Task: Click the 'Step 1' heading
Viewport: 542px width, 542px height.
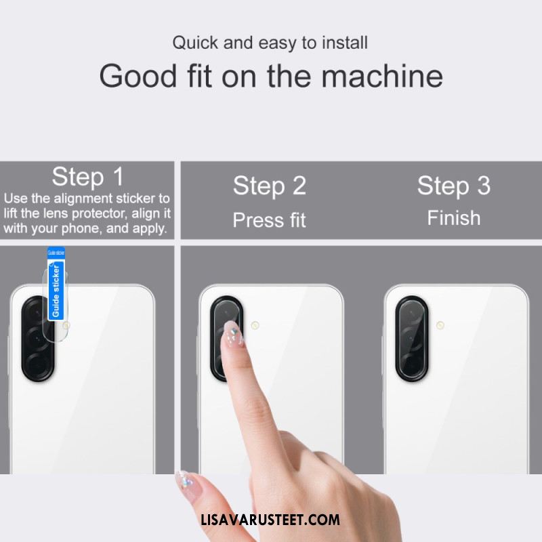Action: [87, 177]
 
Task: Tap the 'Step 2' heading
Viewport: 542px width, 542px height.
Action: [270, 186]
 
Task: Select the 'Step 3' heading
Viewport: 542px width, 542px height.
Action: [454, 186]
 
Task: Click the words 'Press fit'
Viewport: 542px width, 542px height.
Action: [269, 220]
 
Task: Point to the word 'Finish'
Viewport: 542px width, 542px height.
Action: [454, 218]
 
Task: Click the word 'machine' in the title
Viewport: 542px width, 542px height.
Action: [382, 76]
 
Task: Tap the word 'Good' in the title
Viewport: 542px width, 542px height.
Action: [138, 76]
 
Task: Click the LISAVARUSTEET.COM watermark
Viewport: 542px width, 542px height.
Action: [270, 520]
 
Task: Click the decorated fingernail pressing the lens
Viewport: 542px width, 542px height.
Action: [232, 332]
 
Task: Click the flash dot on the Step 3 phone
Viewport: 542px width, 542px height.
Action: [440, 325]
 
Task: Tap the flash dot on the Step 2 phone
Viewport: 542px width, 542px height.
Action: [255, 325]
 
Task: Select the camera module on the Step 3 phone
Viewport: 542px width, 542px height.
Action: [412, 339]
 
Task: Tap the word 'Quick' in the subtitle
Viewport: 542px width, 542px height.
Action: [196, 43]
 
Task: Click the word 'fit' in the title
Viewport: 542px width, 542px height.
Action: [199, 76]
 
